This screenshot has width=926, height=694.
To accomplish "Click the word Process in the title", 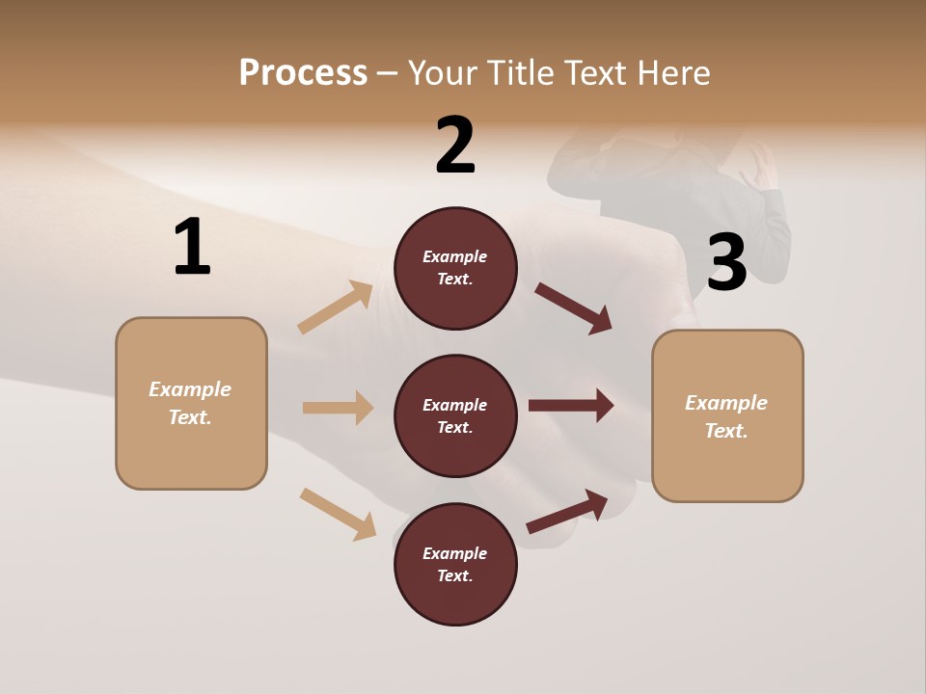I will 303,72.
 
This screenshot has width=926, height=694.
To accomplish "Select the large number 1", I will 192,248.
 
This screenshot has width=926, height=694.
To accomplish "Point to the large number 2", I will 455,145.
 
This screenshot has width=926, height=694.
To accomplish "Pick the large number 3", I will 727,262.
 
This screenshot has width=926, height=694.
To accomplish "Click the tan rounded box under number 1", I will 191,403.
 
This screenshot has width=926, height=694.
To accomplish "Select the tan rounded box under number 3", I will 727,415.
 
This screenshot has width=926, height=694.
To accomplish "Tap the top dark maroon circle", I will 455,268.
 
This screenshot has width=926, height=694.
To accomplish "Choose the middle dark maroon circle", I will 455,415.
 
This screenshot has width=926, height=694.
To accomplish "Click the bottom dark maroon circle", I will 455,564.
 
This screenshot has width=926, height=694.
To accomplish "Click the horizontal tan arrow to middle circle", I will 338,408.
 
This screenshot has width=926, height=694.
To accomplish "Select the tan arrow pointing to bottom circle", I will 338,514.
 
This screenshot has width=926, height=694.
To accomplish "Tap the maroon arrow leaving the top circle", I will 574,308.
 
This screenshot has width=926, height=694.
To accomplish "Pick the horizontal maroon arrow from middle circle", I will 570,406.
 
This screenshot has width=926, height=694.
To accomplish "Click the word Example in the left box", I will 190,389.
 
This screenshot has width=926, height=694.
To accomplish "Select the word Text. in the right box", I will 726,431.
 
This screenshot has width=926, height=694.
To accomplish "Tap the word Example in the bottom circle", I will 455,553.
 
